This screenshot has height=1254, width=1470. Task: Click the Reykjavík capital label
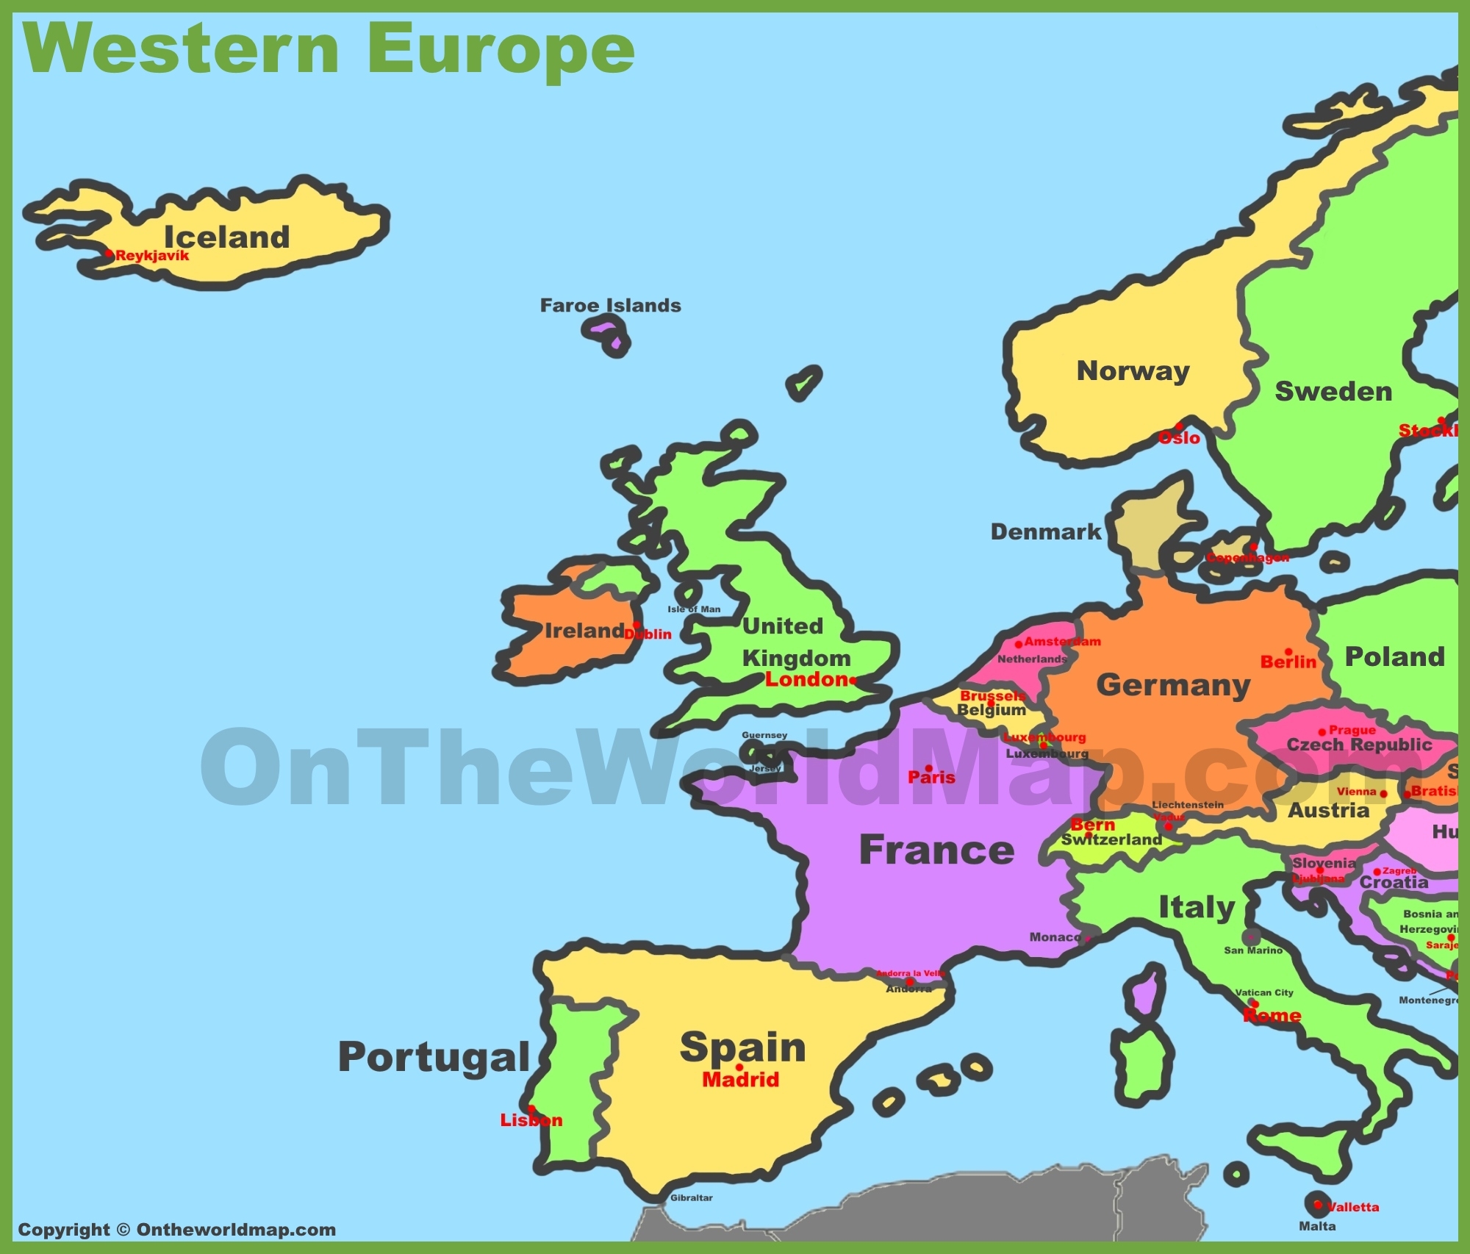point(152,256)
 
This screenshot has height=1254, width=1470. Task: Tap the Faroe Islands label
point(610,305)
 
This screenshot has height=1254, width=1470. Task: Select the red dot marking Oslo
point(1179,426)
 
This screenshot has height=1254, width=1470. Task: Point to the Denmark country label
point(1045,531)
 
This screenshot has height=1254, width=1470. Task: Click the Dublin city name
point(650,634)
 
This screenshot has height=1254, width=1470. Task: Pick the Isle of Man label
point(694,609)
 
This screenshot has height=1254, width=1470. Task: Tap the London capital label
point(807,679)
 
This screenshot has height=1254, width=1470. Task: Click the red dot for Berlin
point(1288,652)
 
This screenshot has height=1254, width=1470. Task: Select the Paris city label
point(931,777)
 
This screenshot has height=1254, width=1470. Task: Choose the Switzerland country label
point(1111,839)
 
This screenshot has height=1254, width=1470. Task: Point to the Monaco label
point(1055,937)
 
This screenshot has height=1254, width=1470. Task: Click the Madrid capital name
point(740,1079)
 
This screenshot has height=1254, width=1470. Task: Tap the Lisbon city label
point(531,1120)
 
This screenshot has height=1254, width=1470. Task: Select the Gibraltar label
point(691,1197)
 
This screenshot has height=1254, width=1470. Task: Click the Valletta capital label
point(1353,1207)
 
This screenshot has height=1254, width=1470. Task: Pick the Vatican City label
point(1264,992)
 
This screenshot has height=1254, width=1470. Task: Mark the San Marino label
point(1252,950)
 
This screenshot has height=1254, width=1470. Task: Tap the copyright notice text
point(176,1230)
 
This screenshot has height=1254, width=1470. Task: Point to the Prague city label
point(1352,730)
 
